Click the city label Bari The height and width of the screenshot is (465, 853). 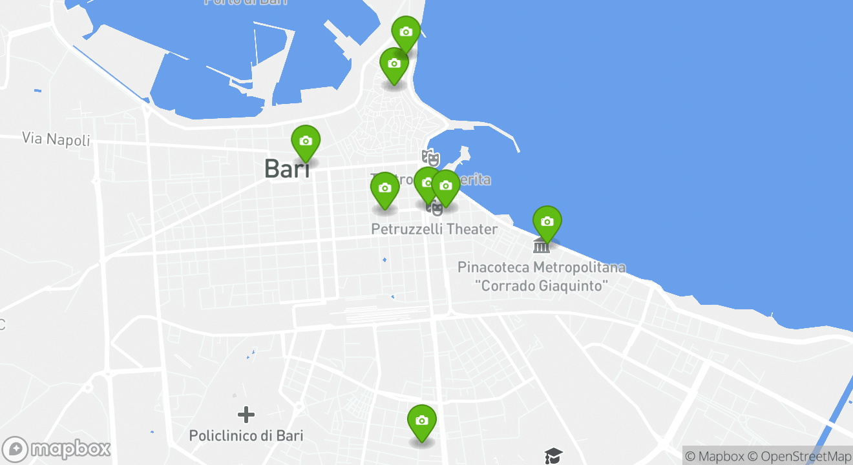click(x=287, y=169)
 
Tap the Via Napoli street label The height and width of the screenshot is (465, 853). click(x=56, y=138)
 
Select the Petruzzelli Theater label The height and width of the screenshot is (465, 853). click(x=434, y=229)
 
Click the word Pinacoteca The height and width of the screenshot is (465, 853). click(x=494, y=267)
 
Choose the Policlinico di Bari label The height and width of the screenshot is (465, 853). click(x=246, y=435)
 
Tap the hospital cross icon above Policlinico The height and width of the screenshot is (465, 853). click(x=246, y=415)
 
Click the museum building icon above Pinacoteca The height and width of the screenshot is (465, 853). click(x=542, y=245)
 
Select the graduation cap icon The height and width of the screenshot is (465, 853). click(x=554, y=456)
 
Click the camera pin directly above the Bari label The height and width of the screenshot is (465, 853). click(x=306, y=141)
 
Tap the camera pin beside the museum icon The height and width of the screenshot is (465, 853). click(x=547, y=222)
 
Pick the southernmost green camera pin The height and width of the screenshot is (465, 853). click(x=422, y=421)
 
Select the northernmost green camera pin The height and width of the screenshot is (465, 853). click(x=406, y=32)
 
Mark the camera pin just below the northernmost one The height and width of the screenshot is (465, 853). click(x=394, y=64)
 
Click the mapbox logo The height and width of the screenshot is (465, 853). click(x=57, y=449)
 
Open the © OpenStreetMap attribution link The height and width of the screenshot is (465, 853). click(x=799, y=456)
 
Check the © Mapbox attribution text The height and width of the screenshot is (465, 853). click(x=715, y=456)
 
